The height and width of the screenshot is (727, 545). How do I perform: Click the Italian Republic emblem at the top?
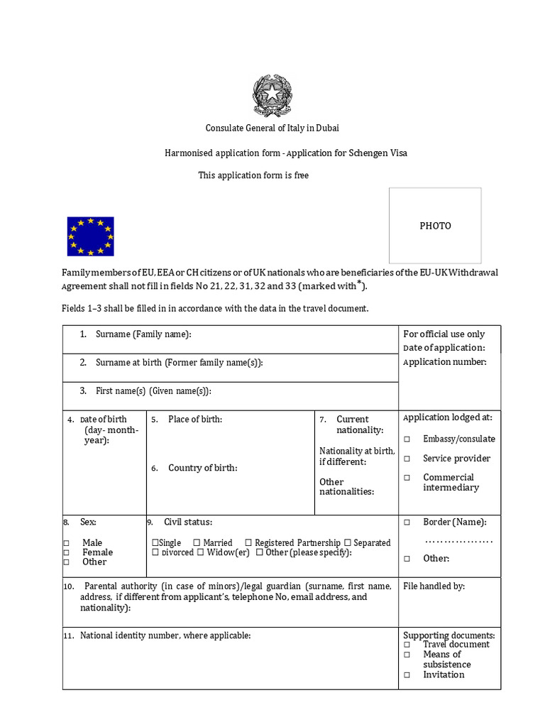272,96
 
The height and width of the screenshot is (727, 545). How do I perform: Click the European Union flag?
90,236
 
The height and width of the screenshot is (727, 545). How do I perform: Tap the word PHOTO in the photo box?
435,226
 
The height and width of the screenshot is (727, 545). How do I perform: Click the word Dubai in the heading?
326,128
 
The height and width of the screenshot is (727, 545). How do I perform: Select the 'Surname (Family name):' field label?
143,334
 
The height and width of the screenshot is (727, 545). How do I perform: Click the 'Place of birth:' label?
195,419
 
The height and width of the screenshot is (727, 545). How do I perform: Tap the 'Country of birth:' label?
202,468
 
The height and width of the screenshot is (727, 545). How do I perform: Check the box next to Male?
66,543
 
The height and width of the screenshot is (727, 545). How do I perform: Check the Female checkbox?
66,552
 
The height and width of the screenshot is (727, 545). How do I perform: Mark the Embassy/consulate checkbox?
407,439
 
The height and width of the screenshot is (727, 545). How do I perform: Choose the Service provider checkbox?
407,459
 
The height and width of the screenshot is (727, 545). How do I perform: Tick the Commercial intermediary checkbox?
407,478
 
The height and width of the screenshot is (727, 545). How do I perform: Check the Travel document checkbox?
407,645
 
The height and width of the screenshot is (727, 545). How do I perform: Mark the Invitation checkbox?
407,675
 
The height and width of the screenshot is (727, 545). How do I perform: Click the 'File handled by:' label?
434,586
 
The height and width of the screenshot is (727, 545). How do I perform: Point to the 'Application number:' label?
445,362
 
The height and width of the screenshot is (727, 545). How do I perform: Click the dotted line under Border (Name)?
458,542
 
